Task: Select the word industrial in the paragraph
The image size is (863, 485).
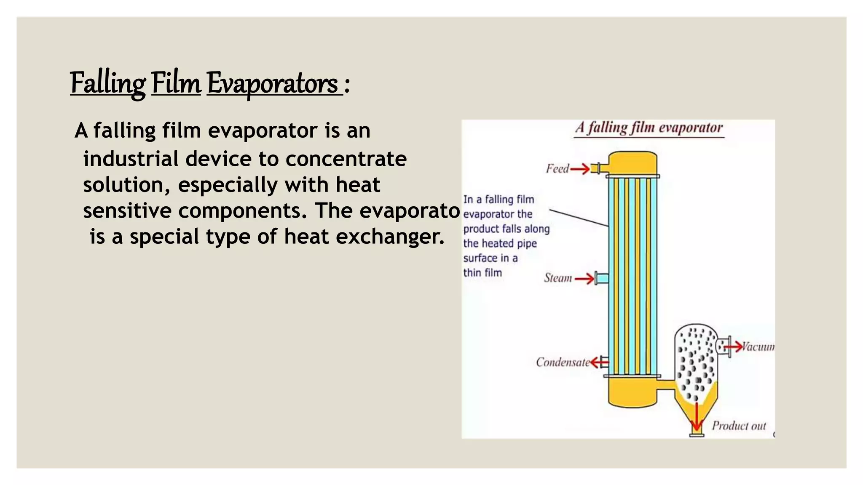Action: pyautogui.click(x=131, y=159)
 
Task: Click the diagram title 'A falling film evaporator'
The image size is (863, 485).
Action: pyautogui.click(x=649, y=128)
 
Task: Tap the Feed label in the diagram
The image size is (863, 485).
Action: pyautogui.click(x=557, y=169)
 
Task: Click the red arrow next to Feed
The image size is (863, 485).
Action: pyautogui.click(x=580, y=169)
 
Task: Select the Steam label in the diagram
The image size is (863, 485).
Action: pyautogui.click(x=558, y=278)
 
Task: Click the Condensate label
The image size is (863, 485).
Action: pyautogui.click(x=563, y=362)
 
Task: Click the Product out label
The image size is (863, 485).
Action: pyautogui.click(x=739, y=426)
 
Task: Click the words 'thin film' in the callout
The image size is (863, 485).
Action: pyautogui.click(x=482, y=273)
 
